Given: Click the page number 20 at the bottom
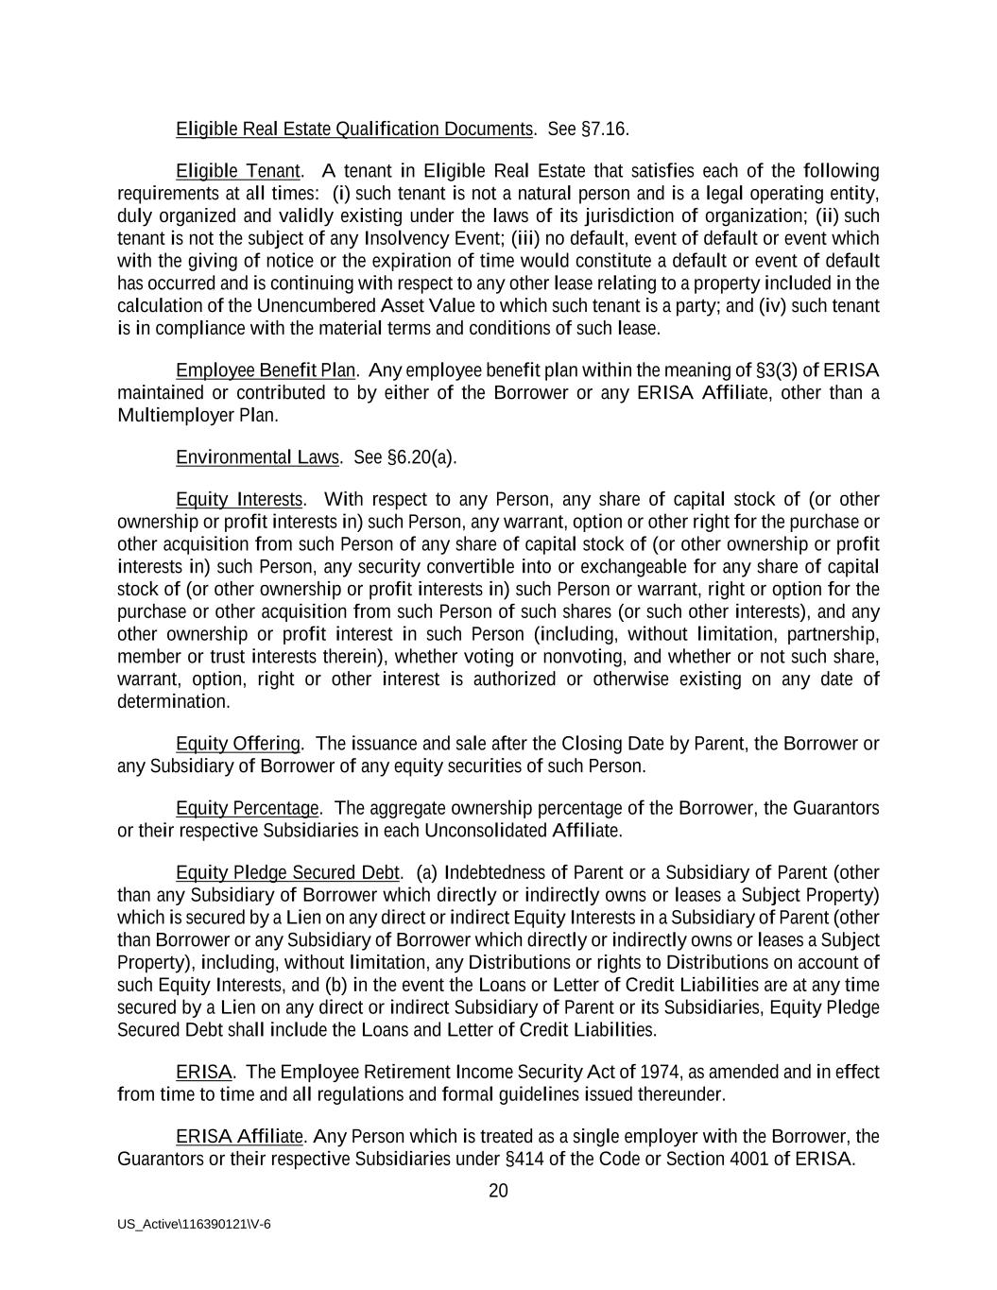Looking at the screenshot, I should [498, 1191].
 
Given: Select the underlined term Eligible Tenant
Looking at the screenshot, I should [239, 171].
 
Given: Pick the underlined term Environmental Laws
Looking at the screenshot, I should [257, 457].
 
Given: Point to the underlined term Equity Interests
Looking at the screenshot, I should [239, 499].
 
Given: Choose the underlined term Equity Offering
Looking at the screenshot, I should [238, 744].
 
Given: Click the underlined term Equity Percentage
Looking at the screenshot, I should [248, 808].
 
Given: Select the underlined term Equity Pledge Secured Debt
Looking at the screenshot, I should [288, 872].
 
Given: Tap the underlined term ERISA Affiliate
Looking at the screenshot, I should [239, 1136].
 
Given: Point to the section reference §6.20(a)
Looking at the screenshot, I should [421, 457].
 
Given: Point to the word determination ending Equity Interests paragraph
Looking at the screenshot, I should [173, 702].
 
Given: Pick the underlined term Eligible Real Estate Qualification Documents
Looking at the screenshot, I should [354, 129].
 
